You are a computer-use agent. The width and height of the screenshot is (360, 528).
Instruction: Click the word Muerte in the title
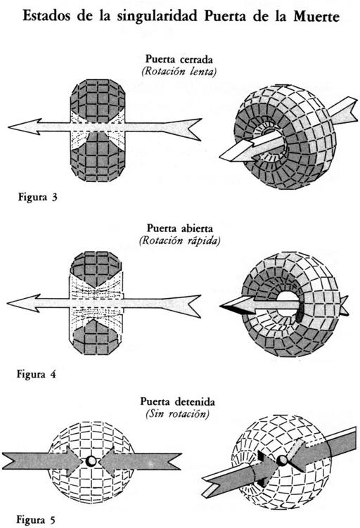click(316, 16)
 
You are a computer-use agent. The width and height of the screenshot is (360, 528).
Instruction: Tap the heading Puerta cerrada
click(179, 59)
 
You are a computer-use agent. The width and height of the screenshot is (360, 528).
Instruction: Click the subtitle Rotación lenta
click(179, 72)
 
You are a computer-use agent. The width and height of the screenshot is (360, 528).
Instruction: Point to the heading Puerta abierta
click(179, 228)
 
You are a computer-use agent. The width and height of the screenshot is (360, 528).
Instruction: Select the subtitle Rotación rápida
click(179, 241)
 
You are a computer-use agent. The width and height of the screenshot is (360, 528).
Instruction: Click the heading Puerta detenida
click(177, 401)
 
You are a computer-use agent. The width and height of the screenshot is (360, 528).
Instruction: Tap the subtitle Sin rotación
click(177, 414)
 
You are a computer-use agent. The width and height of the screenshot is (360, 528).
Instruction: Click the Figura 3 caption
click(38, 197)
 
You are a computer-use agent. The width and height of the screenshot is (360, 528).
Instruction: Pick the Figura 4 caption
click(37, 374)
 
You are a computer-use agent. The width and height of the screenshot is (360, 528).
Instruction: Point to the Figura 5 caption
click(36, 520)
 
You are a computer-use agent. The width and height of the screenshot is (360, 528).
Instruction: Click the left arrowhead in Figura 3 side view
click(24, 127)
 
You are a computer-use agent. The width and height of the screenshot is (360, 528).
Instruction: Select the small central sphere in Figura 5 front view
click(91, 462)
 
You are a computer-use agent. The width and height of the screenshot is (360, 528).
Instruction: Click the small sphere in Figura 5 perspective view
click(281, 460)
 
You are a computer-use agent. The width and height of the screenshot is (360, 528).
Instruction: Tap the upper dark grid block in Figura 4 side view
click(96, 269)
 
